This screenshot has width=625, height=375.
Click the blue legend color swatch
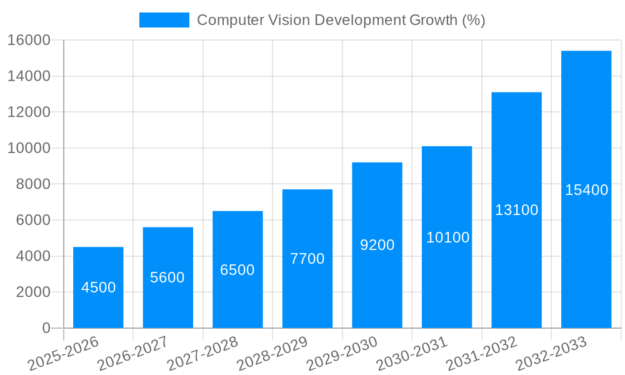[x=164, y=20]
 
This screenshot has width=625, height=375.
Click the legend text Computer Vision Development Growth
[x=341, y=20]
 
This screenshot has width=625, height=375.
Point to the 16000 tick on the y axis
[x=28, y=40]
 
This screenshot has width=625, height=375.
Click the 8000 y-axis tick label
[x=32, y=184]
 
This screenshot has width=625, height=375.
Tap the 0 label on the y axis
[x=46, y=328]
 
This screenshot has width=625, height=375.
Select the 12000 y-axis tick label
[x=28, y=112]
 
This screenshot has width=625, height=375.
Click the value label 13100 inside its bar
[x=516, y=210]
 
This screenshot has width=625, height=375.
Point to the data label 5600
[x=167, y=277]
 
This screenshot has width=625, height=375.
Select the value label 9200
[x=377, y=245]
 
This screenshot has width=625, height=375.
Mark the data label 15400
[x=586, y=190]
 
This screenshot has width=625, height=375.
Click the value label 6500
[x=237, y=270]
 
